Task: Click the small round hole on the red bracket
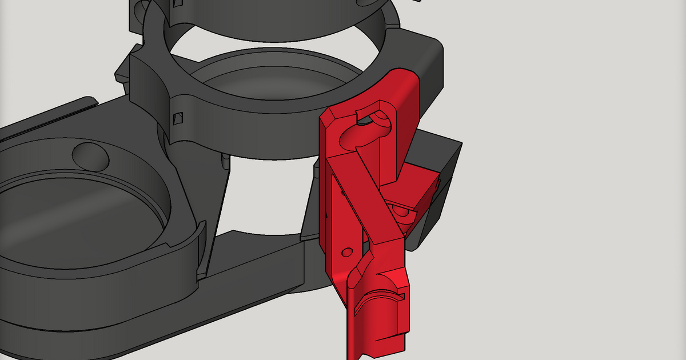(346, 251)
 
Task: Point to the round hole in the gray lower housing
(90, 155)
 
